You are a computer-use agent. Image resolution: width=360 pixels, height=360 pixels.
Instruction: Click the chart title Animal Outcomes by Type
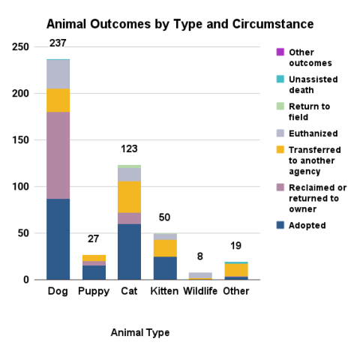180,25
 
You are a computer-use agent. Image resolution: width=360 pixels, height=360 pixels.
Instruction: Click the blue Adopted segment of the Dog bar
58,239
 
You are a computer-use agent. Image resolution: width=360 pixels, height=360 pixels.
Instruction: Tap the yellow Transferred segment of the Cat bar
130,196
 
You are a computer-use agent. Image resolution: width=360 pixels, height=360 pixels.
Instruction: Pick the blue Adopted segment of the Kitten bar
165,268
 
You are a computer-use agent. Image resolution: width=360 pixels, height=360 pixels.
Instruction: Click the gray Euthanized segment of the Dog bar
58,73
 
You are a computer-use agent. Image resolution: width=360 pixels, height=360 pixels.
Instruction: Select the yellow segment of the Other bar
236,270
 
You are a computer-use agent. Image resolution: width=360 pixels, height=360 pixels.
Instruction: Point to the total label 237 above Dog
58,43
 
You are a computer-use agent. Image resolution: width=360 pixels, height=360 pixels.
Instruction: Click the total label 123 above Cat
130,148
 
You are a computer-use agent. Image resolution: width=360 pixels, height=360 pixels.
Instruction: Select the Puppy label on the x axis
94,291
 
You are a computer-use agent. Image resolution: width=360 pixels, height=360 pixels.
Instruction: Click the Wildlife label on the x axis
200,291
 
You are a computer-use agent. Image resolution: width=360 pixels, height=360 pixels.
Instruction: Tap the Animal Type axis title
139,332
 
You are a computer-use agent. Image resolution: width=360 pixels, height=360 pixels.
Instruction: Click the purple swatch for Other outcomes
280,52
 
